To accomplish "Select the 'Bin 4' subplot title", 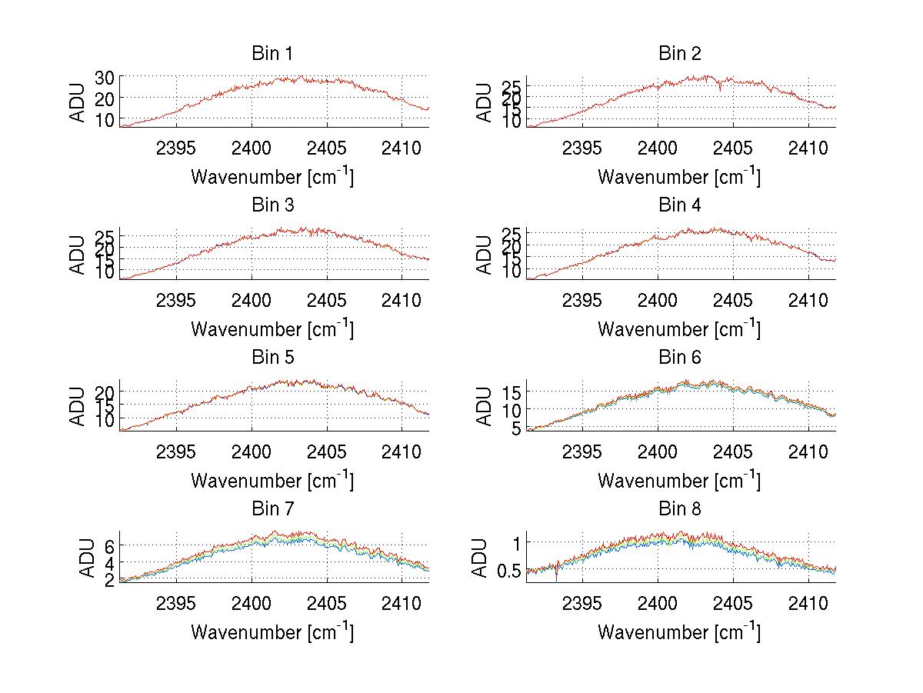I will tap(679, 205).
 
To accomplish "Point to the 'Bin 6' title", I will tap(679, 357).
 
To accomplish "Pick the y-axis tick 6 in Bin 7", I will tap(109, 545).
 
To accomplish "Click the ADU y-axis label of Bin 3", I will tap(78, 255).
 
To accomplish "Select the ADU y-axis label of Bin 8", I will tap(480, 558).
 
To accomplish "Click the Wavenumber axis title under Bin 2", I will tap(679, 176).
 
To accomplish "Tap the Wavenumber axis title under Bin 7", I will tap(272, 631).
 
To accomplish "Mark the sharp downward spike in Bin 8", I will tap(556, 576).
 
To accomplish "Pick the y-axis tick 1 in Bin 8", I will tap(518, 542).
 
